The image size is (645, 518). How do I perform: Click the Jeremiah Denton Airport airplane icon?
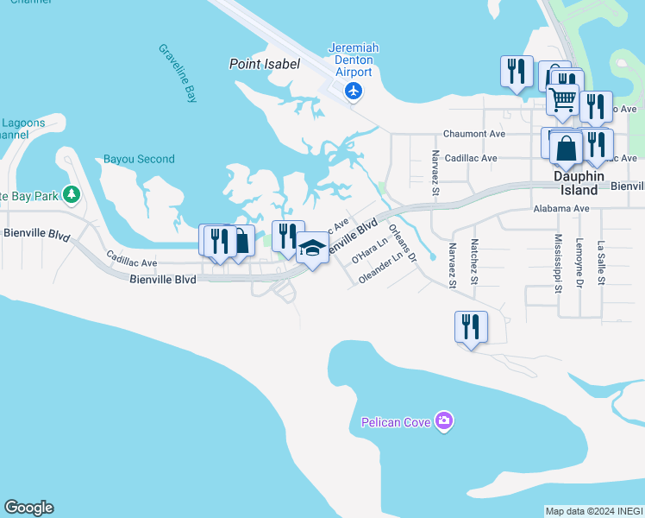tap(353, 91)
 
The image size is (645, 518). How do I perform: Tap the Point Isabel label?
tap(264, 64)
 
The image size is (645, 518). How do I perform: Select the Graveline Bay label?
tap(178, 73)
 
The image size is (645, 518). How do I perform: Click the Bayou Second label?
tap(139, 159)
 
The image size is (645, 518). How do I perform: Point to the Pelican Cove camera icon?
tap(444, 421)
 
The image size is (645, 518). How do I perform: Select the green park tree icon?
tap(72, 194)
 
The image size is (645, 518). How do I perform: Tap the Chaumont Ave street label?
tap(473, 135)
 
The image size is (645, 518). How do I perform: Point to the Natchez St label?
tap(474, 263)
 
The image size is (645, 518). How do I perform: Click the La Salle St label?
tap(599, 263)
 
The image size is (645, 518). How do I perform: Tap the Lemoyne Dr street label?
tap(579, 262)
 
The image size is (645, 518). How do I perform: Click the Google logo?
tap(28, 508)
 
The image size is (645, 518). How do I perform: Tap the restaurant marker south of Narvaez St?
tap(471, 328)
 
